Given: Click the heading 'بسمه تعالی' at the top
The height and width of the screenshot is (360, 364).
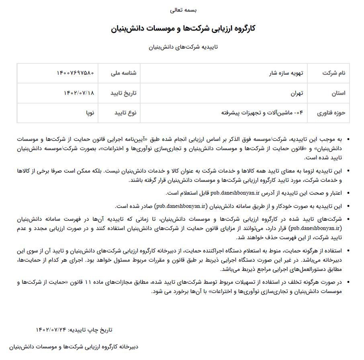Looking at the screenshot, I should pos(182,10).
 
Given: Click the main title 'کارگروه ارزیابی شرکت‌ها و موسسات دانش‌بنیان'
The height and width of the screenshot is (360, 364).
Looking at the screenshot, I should pos(183,28).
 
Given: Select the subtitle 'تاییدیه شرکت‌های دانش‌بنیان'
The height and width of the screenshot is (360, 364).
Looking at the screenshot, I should pos(183,47).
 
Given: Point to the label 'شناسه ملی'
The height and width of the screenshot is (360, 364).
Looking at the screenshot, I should pos(123,73).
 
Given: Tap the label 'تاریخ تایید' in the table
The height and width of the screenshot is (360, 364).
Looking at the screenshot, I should pos(123,93).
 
